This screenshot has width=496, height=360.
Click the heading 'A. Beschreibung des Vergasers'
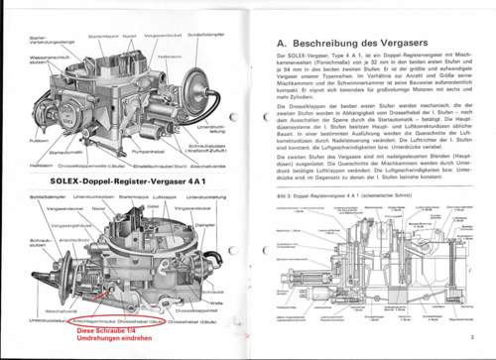point(354,44)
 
